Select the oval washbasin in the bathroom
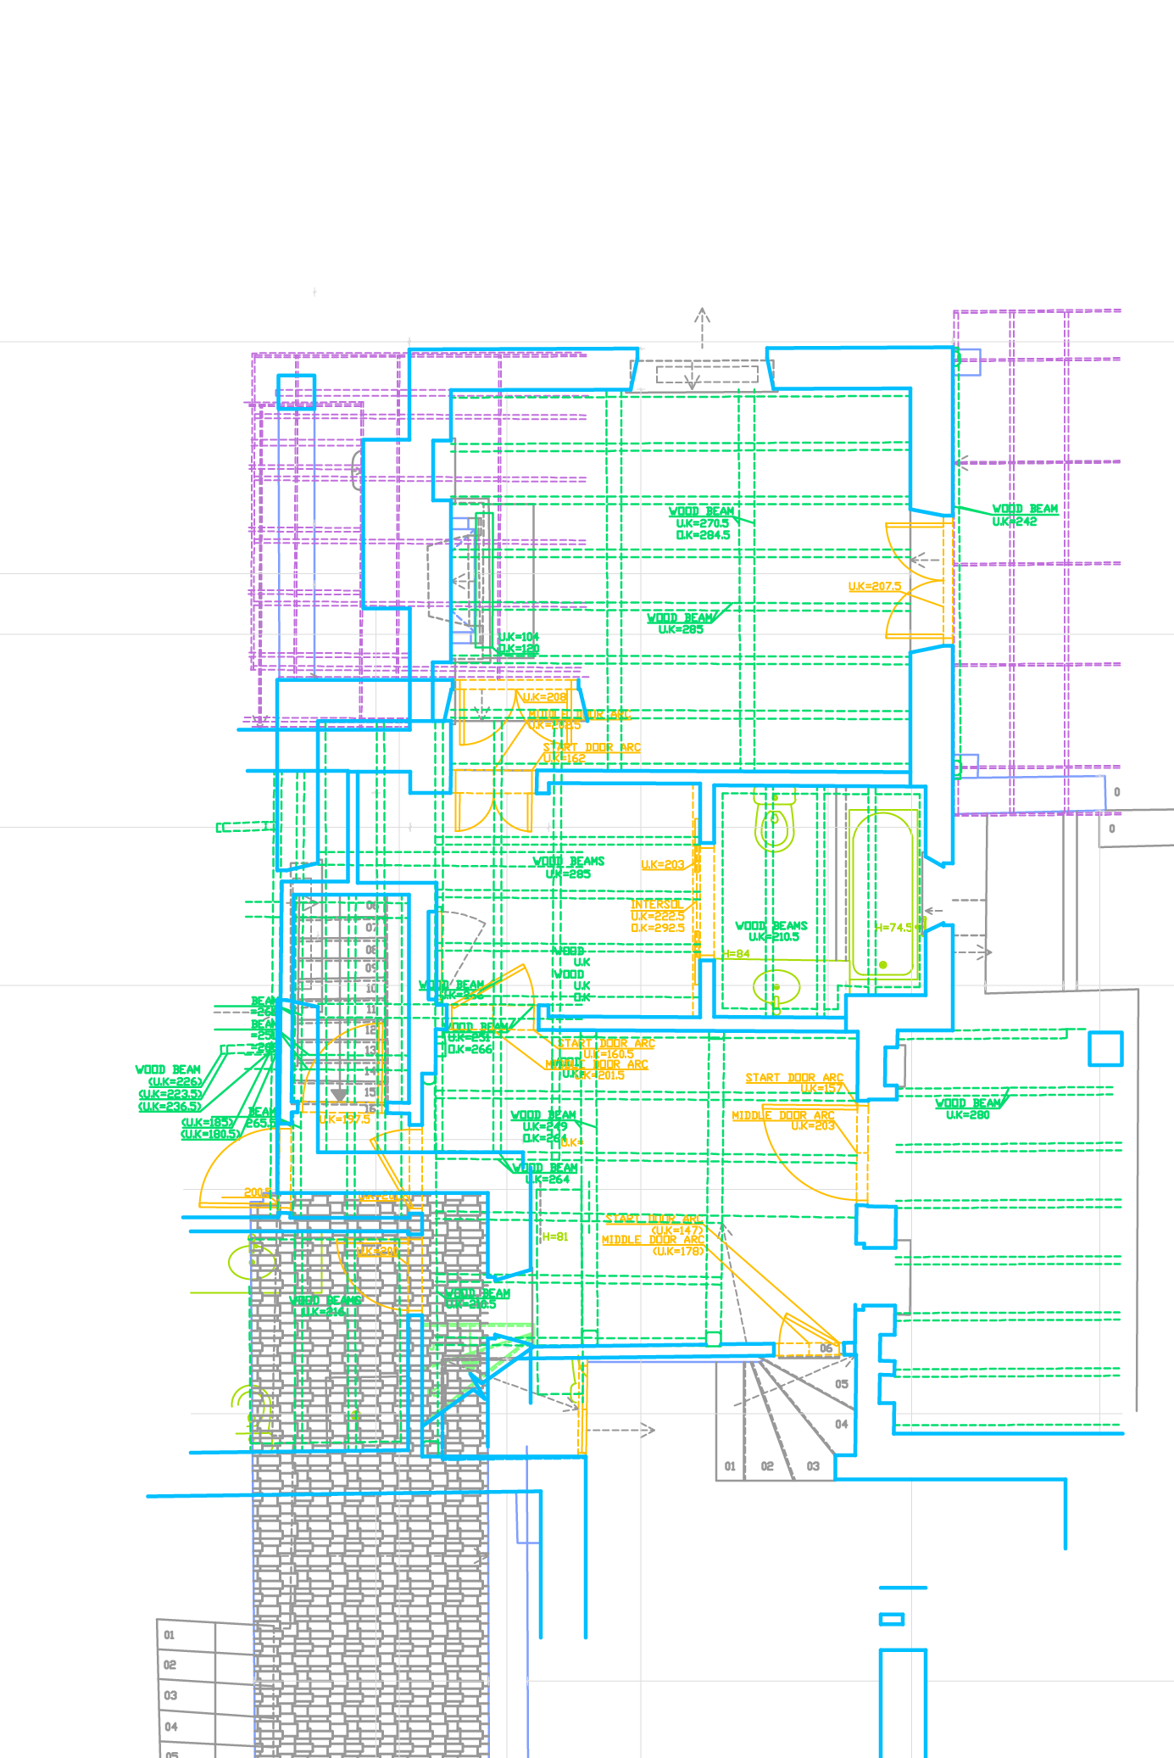click(776, 987)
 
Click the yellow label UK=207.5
click(875, 587)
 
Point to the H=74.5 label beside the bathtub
click(895, 928)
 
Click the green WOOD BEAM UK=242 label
click(1025, 516)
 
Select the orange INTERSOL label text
click(656, 905)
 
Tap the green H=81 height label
click(554, 1237)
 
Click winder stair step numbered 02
click(767, 1466)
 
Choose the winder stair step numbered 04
click(841, 1424)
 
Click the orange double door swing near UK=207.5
click(915, 581)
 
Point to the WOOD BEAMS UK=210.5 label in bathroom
click(771, 931)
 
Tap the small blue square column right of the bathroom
click(1105, 1048)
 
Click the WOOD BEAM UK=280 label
click(968, 1108)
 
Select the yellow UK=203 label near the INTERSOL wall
click(663, 865)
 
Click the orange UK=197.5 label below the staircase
click(345, 1119)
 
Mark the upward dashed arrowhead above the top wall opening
click(702, 315)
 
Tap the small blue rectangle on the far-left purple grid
click(296, 391)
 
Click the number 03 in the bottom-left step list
click(170, 1695)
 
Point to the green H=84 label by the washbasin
click(737, 954)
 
